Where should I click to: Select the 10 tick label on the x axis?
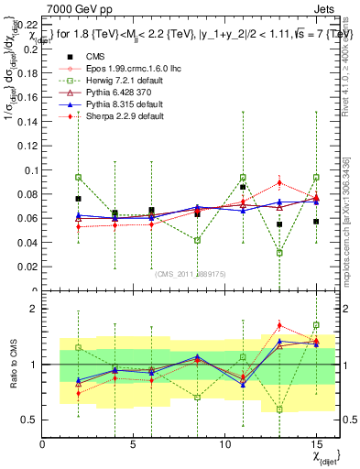coord(225,445)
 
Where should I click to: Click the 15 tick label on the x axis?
coord(316,445)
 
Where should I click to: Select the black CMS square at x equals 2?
coord(79,199)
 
